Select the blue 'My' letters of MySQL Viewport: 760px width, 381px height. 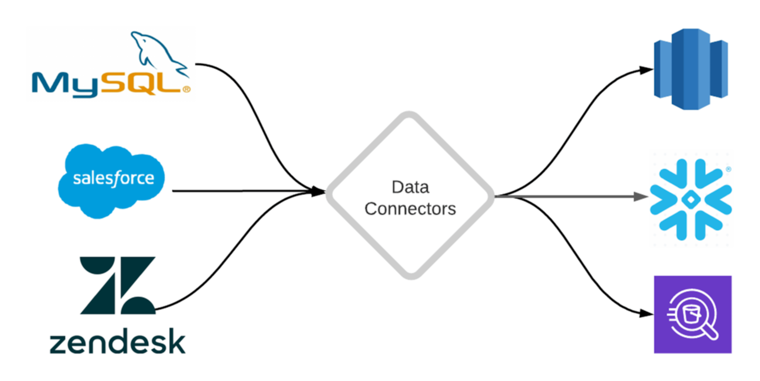pyautogui.click(x=65, y=84)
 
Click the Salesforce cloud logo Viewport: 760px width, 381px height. pyautogui.click(x=111, y=180)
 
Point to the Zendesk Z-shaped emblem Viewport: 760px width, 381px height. pyautogui.click(x=117, y=285)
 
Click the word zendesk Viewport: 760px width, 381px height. pyautogui.click(x=117, y=341)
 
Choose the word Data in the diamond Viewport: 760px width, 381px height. pyautogui.click(x=410, y=187)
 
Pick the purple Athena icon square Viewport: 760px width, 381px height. pyautogui.click(x=693, y=314)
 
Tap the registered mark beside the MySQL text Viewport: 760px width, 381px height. pyautogui.click(x=186, y=89)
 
